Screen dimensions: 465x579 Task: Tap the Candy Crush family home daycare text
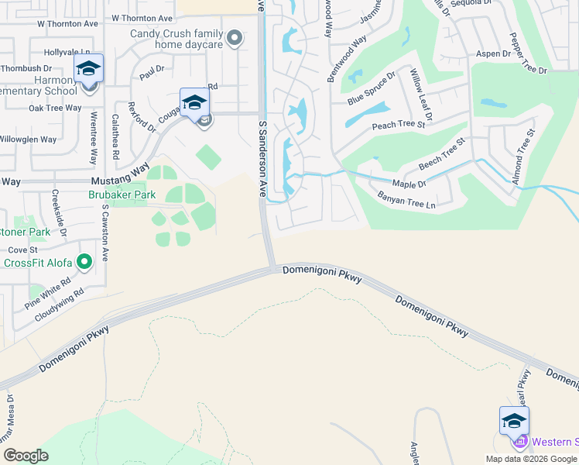point(176,39)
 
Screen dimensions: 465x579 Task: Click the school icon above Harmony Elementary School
point(88,69)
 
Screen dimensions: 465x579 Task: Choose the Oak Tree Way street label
point(55,108)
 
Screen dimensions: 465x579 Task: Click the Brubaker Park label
point(122,195)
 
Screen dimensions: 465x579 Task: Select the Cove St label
point(22,250)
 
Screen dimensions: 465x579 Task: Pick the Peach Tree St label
point(399,124)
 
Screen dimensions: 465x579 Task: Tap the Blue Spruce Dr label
point(372,88)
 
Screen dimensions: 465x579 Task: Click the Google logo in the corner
point(25,455)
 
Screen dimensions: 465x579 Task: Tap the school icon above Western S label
point(514,421)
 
